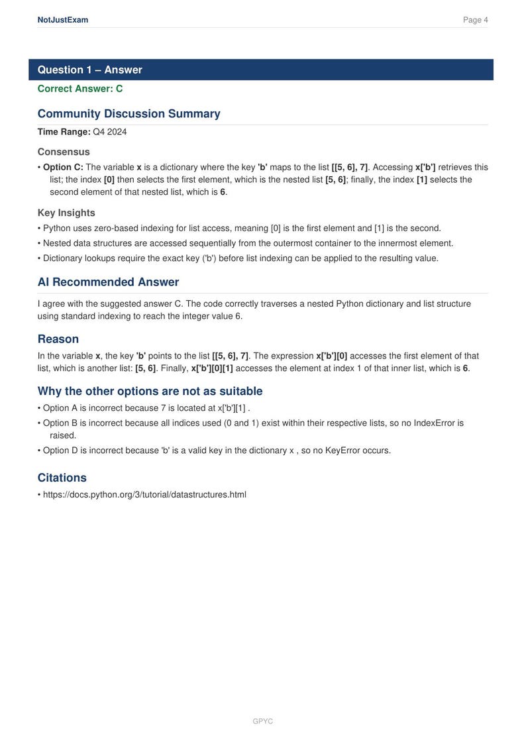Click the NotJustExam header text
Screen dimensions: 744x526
pos(63,20)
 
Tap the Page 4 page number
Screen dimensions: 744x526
pos(475,20)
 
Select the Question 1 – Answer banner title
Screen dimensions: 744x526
pos(89,70)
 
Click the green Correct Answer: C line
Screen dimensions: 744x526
pos(79,89)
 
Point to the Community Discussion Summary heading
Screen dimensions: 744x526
pos(129,113)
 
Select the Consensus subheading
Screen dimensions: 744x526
pos(64,152)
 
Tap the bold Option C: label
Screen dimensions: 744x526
pos(63,168)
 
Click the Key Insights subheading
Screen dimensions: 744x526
pos(66,213)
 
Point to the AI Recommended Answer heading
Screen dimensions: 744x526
pos(108,282)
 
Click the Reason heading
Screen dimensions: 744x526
pos(58,339)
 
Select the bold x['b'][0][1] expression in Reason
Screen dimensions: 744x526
pos(212,368)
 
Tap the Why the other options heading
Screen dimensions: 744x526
pos(150,391)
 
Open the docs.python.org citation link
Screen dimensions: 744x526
pos(144,494)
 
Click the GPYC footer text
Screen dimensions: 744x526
pos(263,721)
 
